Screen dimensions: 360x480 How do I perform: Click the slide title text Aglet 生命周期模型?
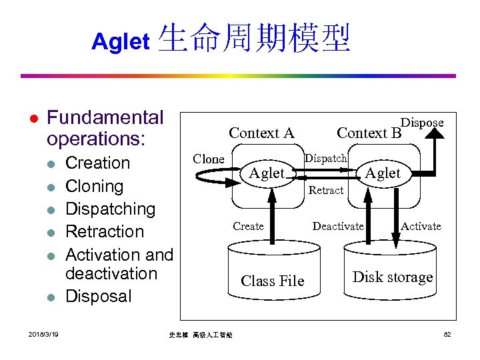click(221, 39)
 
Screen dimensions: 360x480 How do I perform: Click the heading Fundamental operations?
click(105, 128)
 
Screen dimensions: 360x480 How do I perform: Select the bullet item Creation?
click(98, 163)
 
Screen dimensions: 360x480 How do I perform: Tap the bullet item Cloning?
click(94, 186)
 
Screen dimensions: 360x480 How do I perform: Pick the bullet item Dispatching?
click(110, 209)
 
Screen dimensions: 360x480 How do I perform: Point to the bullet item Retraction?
click(105, 231)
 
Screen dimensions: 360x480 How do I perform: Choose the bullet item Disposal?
click(99, 296)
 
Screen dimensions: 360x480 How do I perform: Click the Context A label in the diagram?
click(261, 133)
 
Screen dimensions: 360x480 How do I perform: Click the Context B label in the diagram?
click(369, 133)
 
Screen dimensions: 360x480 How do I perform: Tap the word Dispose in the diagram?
click(422, 123)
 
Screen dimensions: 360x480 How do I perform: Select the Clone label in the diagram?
click(208, 159)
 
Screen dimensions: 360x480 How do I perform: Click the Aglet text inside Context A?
click(266, 173)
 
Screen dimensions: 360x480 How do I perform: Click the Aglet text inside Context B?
click(382, 173)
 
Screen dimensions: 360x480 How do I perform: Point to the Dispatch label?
click(325, 159)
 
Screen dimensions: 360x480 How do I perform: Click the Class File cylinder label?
click(272, 281)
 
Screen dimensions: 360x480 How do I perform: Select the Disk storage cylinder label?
click(392, 277)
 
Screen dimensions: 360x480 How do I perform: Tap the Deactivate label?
click(338, 227)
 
